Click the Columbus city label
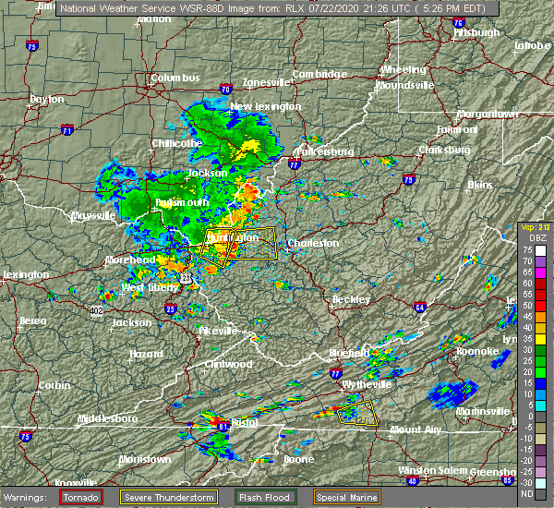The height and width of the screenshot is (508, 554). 175,79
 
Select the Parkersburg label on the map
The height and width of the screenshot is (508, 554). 324,151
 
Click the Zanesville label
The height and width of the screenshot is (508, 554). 267,82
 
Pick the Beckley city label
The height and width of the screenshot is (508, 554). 351,299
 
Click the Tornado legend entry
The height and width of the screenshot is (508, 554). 82,497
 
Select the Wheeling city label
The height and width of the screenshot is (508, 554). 403,69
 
